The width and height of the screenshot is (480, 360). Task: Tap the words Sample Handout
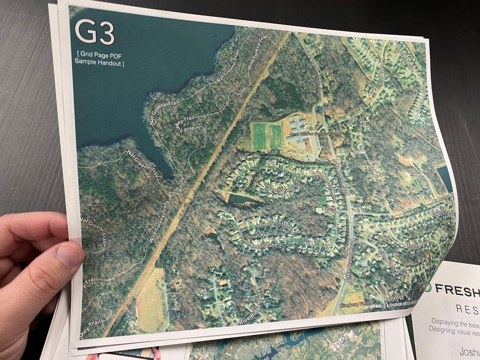[x=99, y=63]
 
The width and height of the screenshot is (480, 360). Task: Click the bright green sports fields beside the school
[x=266, y=136]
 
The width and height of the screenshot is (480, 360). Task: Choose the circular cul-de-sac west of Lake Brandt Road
[x=329, y=211]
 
